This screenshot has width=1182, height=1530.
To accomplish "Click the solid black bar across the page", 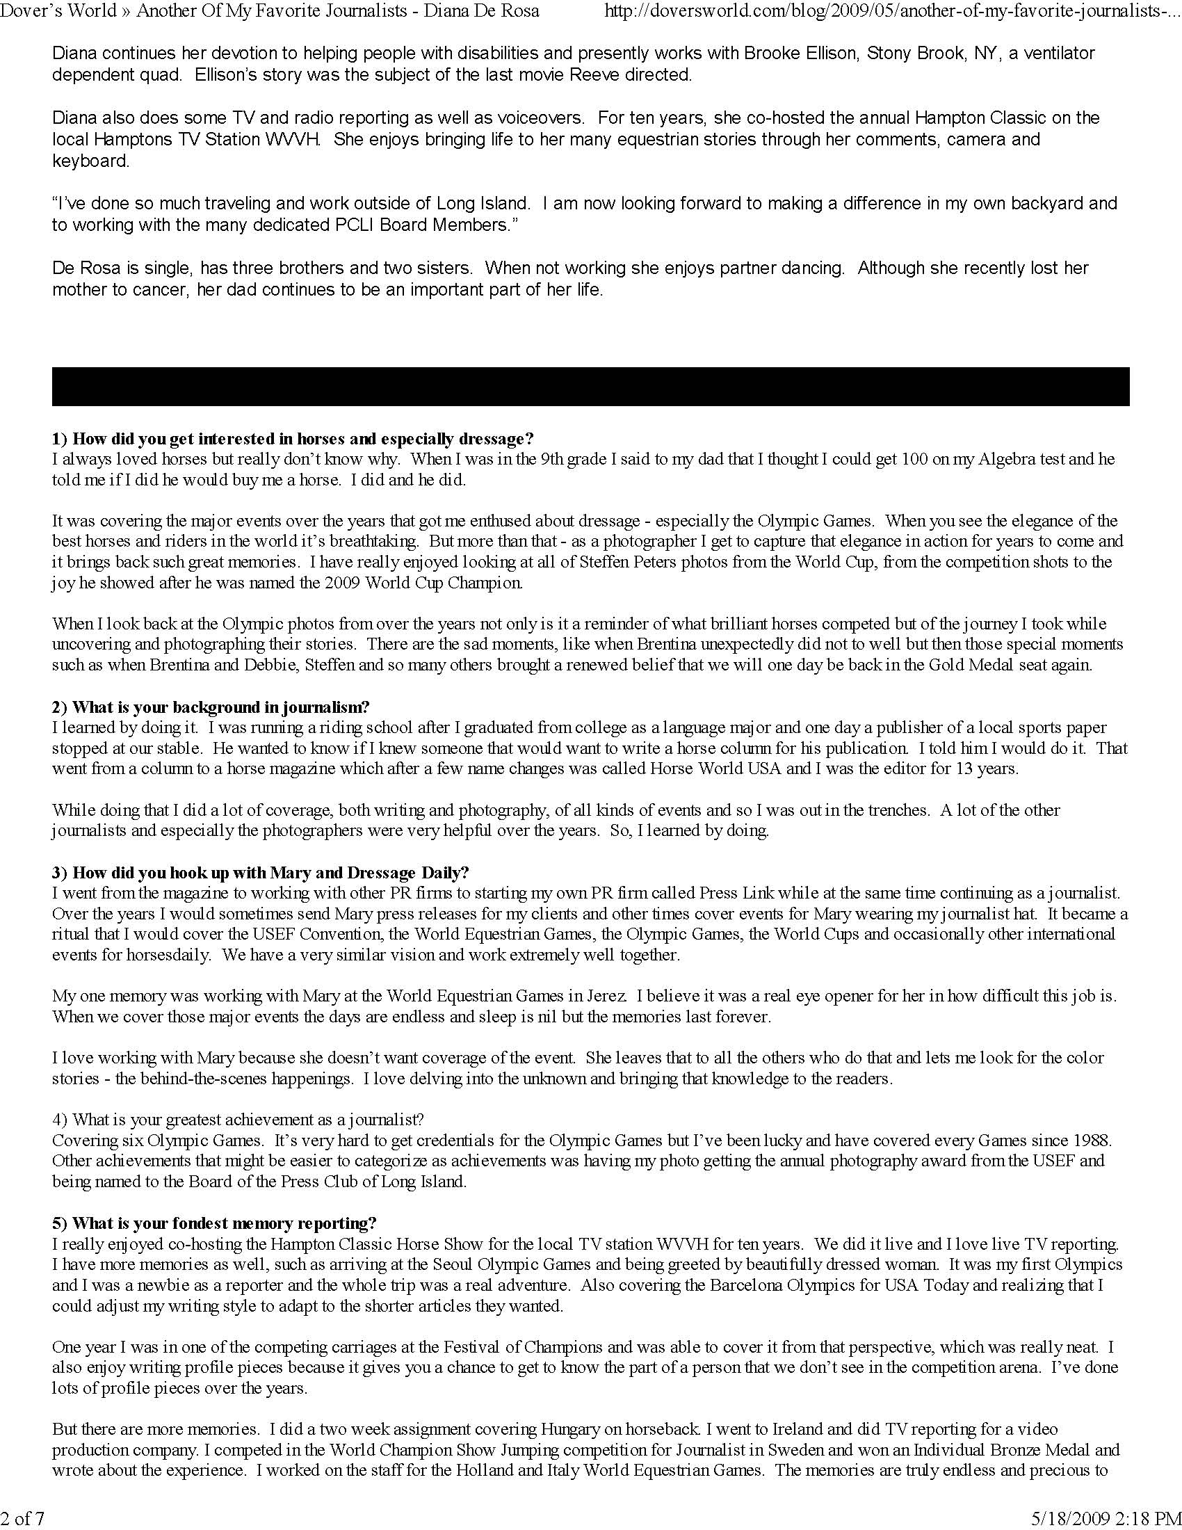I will pos(590,386).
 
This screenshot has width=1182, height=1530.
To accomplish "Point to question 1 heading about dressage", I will pos(293,440).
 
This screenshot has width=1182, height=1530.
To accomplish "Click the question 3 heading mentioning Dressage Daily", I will pos(261,873).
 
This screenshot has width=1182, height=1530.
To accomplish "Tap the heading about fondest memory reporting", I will pos(214,1223).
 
